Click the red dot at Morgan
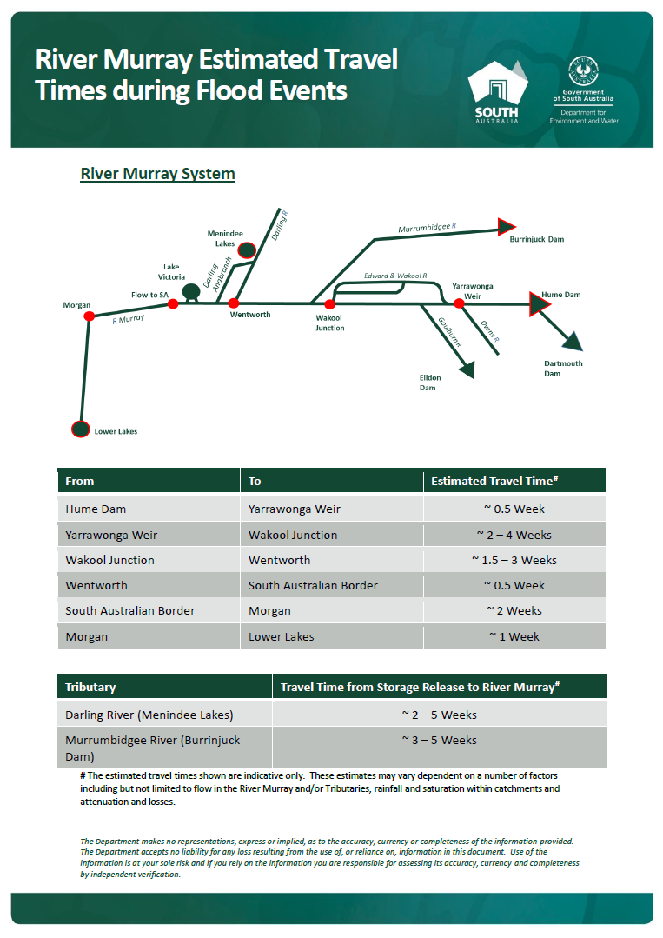89,316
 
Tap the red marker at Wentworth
233,303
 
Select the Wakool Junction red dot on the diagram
329,304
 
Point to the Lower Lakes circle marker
80,429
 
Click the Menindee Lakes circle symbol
246,250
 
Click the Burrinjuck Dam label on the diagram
536,238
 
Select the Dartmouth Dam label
563,369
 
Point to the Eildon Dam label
430,383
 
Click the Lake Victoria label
173,271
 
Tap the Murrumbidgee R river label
427,229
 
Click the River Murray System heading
157,174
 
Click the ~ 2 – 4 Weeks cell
514,535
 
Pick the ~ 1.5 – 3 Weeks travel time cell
514,560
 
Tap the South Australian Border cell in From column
130,610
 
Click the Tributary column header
90,687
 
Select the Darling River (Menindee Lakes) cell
149,715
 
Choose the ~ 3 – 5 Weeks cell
439,741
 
